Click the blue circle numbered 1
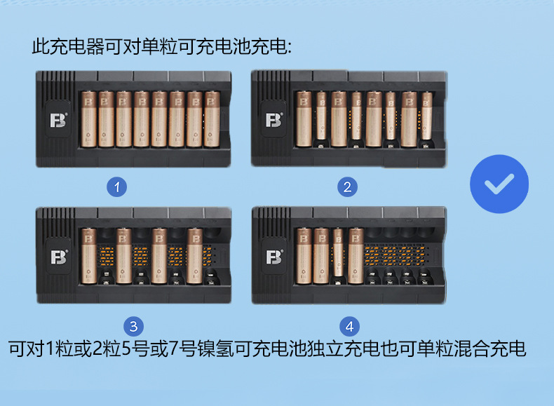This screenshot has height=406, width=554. (x=117, y=187)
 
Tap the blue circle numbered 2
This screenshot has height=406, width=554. (x=347, y=187)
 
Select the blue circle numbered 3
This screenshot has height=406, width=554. (x=133, y=326)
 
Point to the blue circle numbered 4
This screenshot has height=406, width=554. (x=349, y=326)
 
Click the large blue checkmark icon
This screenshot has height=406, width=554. (x=499, y=184)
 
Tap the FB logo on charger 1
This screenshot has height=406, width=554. (x=58, y=120)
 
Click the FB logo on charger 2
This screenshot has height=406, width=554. (x=274, y=120)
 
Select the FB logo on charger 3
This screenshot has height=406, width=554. (x=59, y=257)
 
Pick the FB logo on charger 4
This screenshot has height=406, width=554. (x=274, y=257)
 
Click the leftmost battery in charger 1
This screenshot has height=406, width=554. (x=88, y=119)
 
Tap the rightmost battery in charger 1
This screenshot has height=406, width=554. (x=212, y=119)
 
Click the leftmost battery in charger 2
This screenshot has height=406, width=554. (x=304, y=119)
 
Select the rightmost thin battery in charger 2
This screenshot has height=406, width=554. (x=426, y=116)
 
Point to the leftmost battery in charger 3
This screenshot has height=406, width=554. (x=88, y=256)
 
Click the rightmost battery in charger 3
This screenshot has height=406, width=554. (x=195, y=256)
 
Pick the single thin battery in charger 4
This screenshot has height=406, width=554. (x=338, y=252)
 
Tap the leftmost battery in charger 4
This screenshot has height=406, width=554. (x=304, y=256)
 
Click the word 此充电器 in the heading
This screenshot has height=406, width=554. (x=68, y=46)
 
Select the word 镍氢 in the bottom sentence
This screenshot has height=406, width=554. (x=215, y=349)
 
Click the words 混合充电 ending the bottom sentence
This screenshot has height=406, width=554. (x=489, y=349)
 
